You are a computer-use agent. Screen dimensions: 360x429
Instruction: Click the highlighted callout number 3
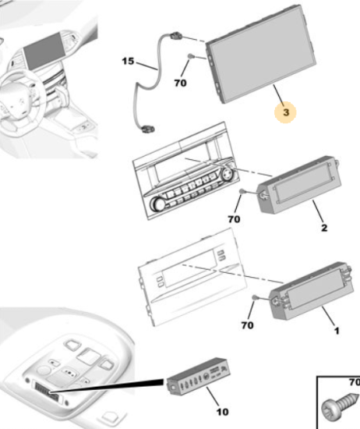click(x=286, y=112)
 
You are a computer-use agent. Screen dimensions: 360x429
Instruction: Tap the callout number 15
click(x=128, y=61)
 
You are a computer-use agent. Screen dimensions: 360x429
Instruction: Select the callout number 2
click(x=324, y=228)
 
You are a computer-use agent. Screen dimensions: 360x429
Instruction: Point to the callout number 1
click(x=337, y=331)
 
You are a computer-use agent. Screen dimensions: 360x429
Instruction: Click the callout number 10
click(x=222, y=412)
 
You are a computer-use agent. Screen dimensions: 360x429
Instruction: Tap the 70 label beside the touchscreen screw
click(x=181, y=83)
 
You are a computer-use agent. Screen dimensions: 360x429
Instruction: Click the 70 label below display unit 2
click(x=234, y=219)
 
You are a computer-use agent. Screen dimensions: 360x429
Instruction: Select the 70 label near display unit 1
click(x=247, y=325)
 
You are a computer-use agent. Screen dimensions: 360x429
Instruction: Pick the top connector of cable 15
click(x=176, y=35)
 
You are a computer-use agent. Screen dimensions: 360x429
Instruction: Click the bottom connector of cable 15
click(x=147, y=128)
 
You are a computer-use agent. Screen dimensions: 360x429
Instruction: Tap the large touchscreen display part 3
click(x=261, y=54)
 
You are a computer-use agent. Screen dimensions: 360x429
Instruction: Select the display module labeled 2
click(x=299, y=184)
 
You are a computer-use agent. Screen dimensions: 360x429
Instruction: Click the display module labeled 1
click(x=312, y=291)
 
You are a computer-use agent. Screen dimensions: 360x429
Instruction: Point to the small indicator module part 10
click(x=199, y=377)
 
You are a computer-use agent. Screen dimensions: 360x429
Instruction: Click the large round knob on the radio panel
click(x=157, y=204)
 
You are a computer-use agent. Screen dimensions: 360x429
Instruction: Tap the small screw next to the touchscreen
click(x=191, y=57)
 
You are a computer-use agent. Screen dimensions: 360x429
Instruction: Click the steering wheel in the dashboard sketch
click(x=22, y=96)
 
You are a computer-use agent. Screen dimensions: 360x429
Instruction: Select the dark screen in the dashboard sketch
click(x=44, y=51)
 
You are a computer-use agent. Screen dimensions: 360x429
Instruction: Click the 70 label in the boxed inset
click(x=355, y=382)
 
